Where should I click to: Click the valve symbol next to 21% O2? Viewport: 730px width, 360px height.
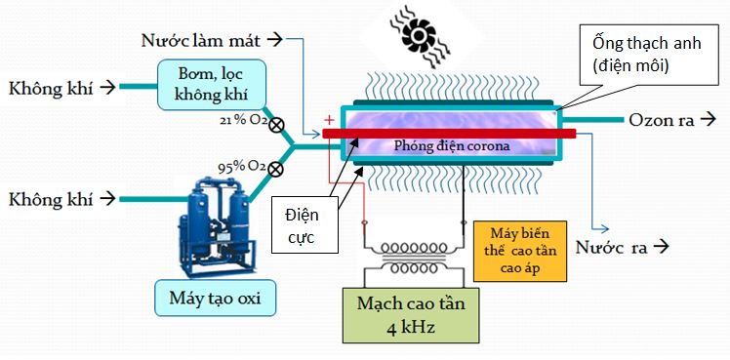click(276, 125)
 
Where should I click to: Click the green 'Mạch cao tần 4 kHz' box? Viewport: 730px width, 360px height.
click(411, 314)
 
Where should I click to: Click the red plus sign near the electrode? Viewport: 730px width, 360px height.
click(329, 121)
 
